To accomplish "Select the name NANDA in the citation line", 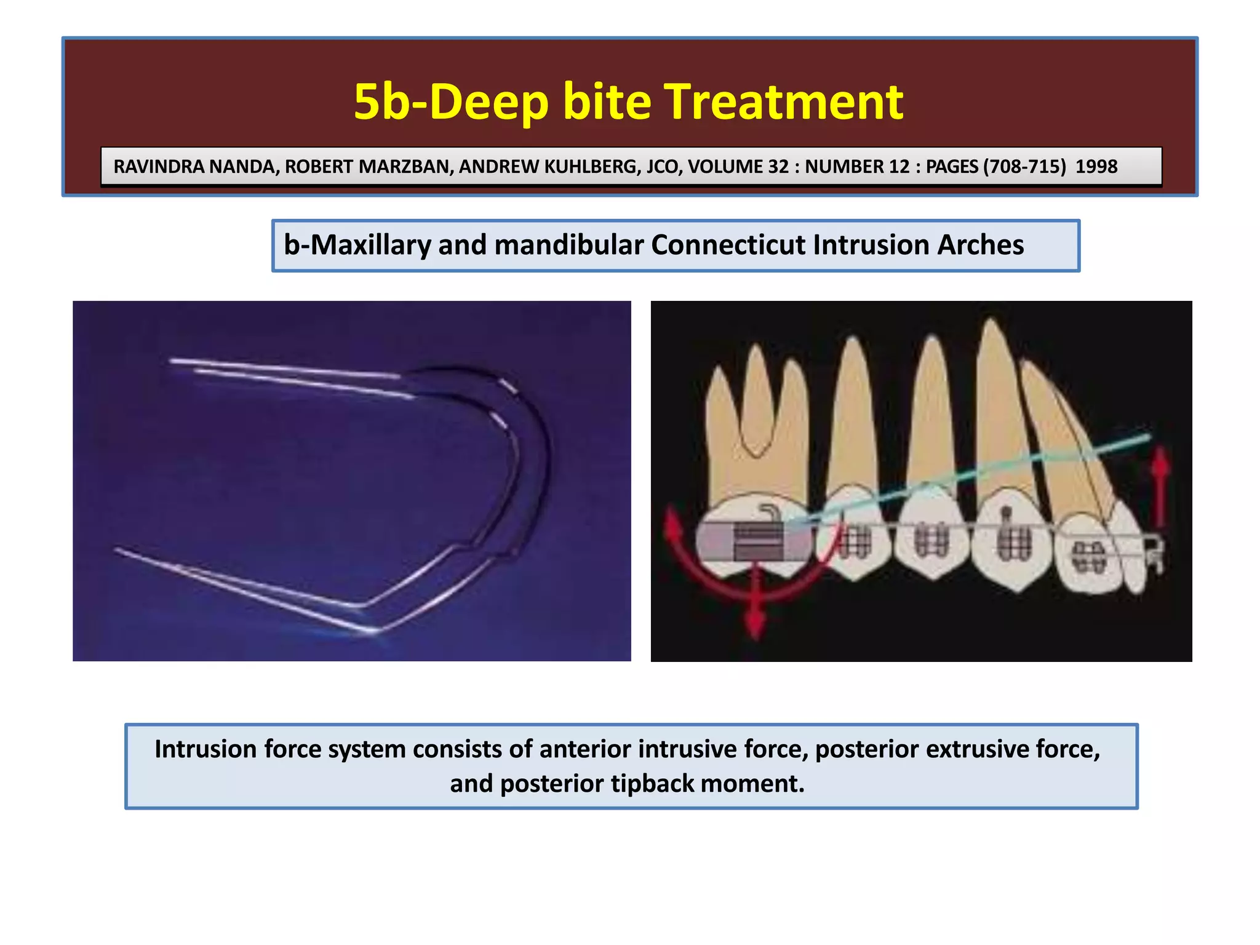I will click(241, 167).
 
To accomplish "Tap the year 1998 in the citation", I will click(1096, 167).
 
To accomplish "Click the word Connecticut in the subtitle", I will click(728, 245).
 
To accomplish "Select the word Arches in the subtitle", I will click(980, 245).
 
